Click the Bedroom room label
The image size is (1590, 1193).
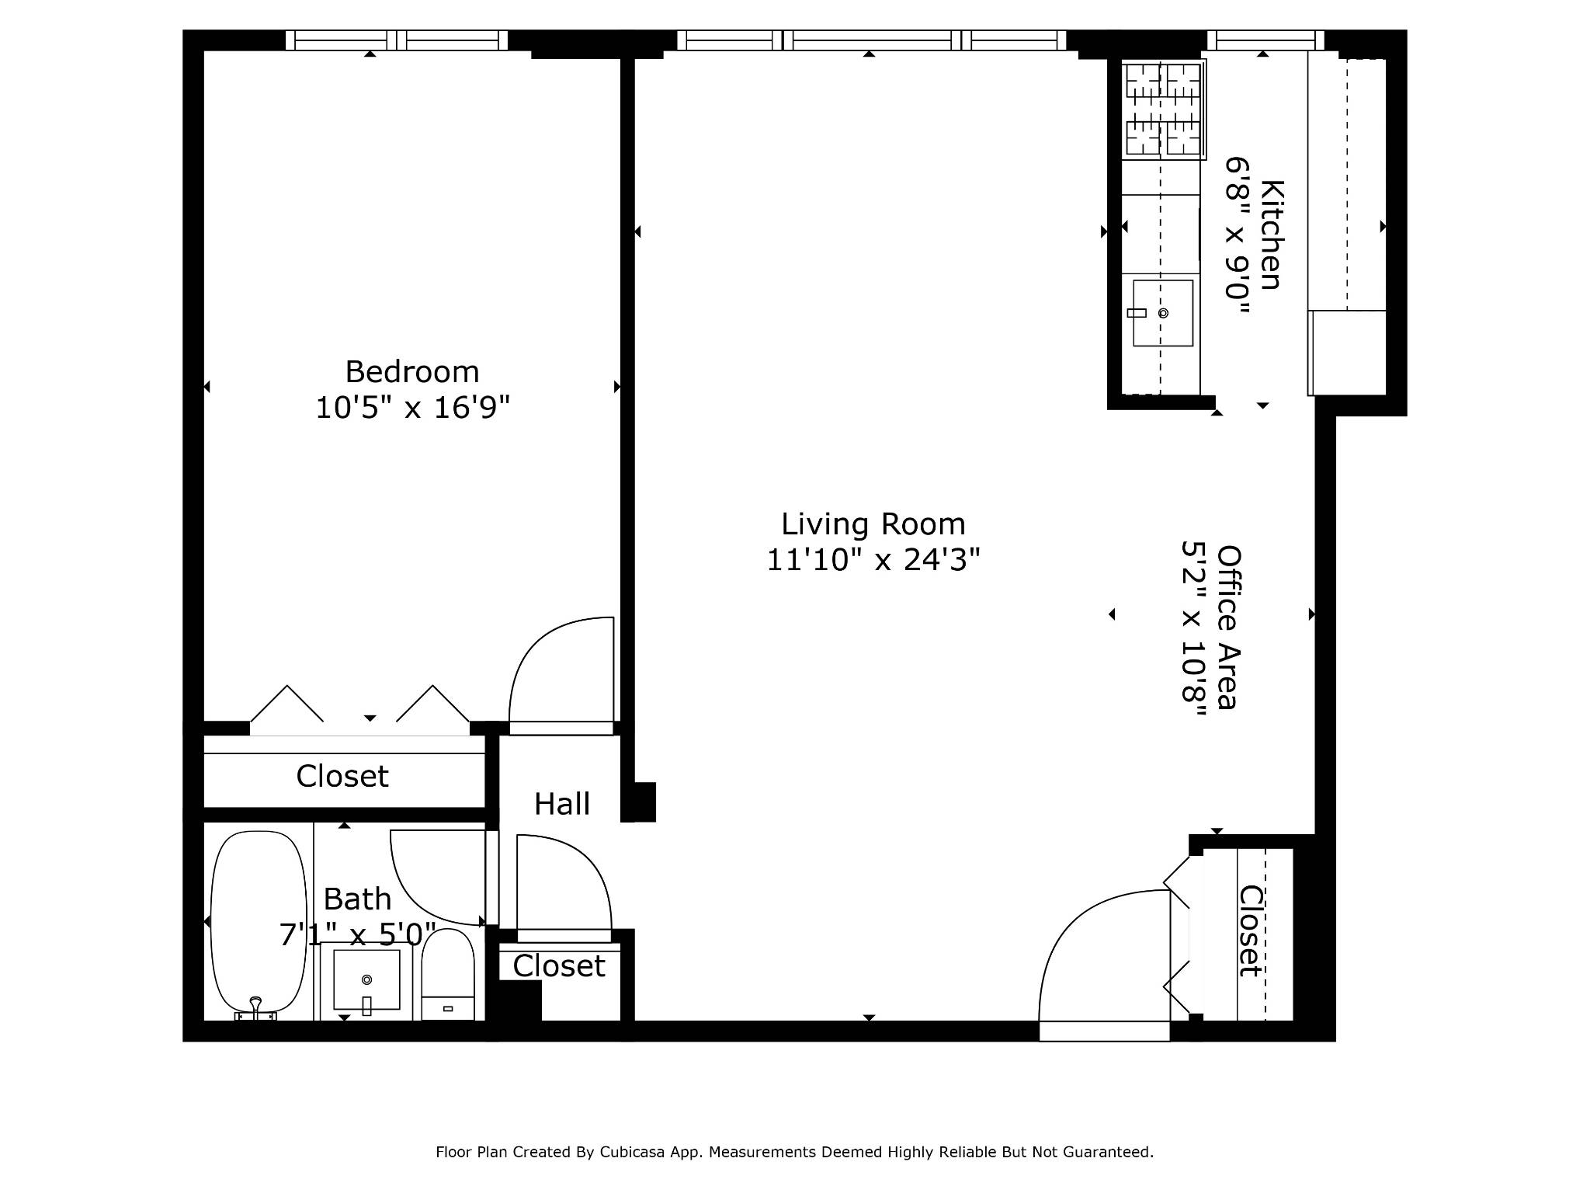411,372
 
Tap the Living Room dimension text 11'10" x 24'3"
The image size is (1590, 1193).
873,559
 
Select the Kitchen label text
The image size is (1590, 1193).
1271,235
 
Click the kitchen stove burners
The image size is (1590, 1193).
1163,110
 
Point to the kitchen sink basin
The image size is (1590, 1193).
1162,313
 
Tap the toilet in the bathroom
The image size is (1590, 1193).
448,975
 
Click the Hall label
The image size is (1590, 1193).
562,804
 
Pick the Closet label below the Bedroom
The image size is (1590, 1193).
342,776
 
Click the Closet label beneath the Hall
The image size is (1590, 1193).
558,966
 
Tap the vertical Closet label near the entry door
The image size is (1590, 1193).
1250,930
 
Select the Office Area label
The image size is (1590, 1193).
1228,627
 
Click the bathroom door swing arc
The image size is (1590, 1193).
435,878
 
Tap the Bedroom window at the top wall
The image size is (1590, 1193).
396,40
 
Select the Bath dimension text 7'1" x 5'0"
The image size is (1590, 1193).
357,934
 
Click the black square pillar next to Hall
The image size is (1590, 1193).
639,802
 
